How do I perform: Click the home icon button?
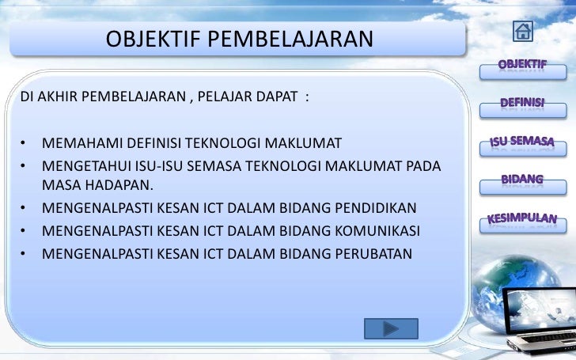pyautogui.click(x=523, y=31)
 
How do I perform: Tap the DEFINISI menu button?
pyautogui.click(x=521, y=104)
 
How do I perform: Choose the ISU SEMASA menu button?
pyautogui.click(x=521, y=143)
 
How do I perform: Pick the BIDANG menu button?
pyautogui.click(x=521, y=180)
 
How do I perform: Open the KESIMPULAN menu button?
pyautogui.click(x=521, y=218)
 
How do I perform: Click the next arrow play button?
pyautogui.click(x=391, y=328)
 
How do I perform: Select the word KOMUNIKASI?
pyautogui.click(x=384, y=231)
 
